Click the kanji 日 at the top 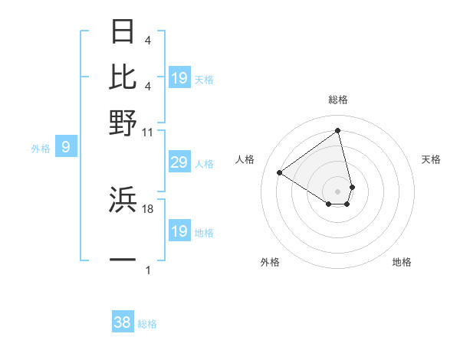tap(123, 32)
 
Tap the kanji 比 tap(123, 77)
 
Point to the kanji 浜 tap(123, 199)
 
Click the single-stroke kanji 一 tap(123, 260)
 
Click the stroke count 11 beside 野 tap(148, 132)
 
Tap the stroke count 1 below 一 tap(148, 270)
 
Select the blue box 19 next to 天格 tap(179, 77)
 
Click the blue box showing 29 tap(179, 162)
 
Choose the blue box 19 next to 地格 tap(179, 231)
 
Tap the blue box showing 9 tap(65, 147)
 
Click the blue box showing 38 tap(123, 322)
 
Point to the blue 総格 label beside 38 tap(147, 324)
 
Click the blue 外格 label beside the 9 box tap(40, 149)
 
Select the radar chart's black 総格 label tap(337, 100)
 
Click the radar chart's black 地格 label tap(402, 262)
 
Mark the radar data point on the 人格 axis tap(280, 172)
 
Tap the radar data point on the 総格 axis tap(337, 131)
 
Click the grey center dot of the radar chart tap(337, 190)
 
